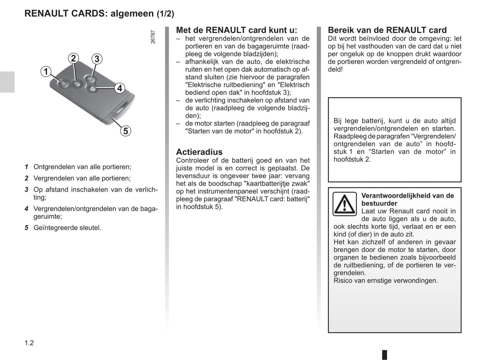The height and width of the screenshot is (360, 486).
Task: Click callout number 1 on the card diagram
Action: [46, 71]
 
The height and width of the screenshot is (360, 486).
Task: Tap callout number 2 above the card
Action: [73, 58]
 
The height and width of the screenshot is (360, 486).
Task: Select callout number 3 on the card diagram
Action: [97, 59]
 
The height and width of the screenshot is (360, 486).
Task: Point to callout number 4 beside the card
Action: [119, 88]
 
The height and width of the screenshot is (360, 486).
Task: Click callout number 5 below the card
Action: [125, 131]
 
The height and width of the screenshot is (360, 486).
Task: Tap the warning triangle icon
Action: [344, 204]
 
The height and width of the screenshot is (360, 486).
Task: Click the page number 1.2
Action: [29, 343]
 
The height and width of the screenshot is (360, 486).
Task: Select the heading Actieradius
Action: [199, 152]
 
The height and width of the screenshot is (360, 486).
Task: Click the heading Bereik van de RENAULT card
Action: [387, 30]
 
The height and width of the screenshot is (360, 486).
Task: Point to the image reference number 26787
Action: [153, 37]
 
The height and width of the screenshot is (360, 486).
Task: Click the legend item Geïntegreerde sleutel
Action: [67, 228]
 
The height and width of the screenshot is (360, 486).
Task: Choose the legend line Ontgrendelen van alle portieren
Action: [82, 167]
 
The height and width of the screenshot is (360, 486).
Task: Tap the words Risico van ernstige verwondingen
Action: [385, 281]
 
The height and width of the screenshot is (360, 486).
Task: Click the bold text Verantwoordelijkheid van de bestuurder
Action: [407, 199]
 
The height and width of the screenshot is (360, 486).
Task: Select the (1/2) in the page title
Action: [165, 14]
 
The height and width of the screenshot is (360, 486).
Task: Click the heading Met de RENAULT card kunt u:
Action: [236, 30]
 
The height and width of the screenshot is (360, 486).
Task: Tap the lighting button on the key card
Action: [89, 79]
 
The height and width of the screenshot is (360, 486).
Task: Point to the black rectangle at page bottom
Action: [384, 355]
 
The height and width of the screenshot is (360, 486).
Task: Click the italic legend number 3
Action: [26, 190]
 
